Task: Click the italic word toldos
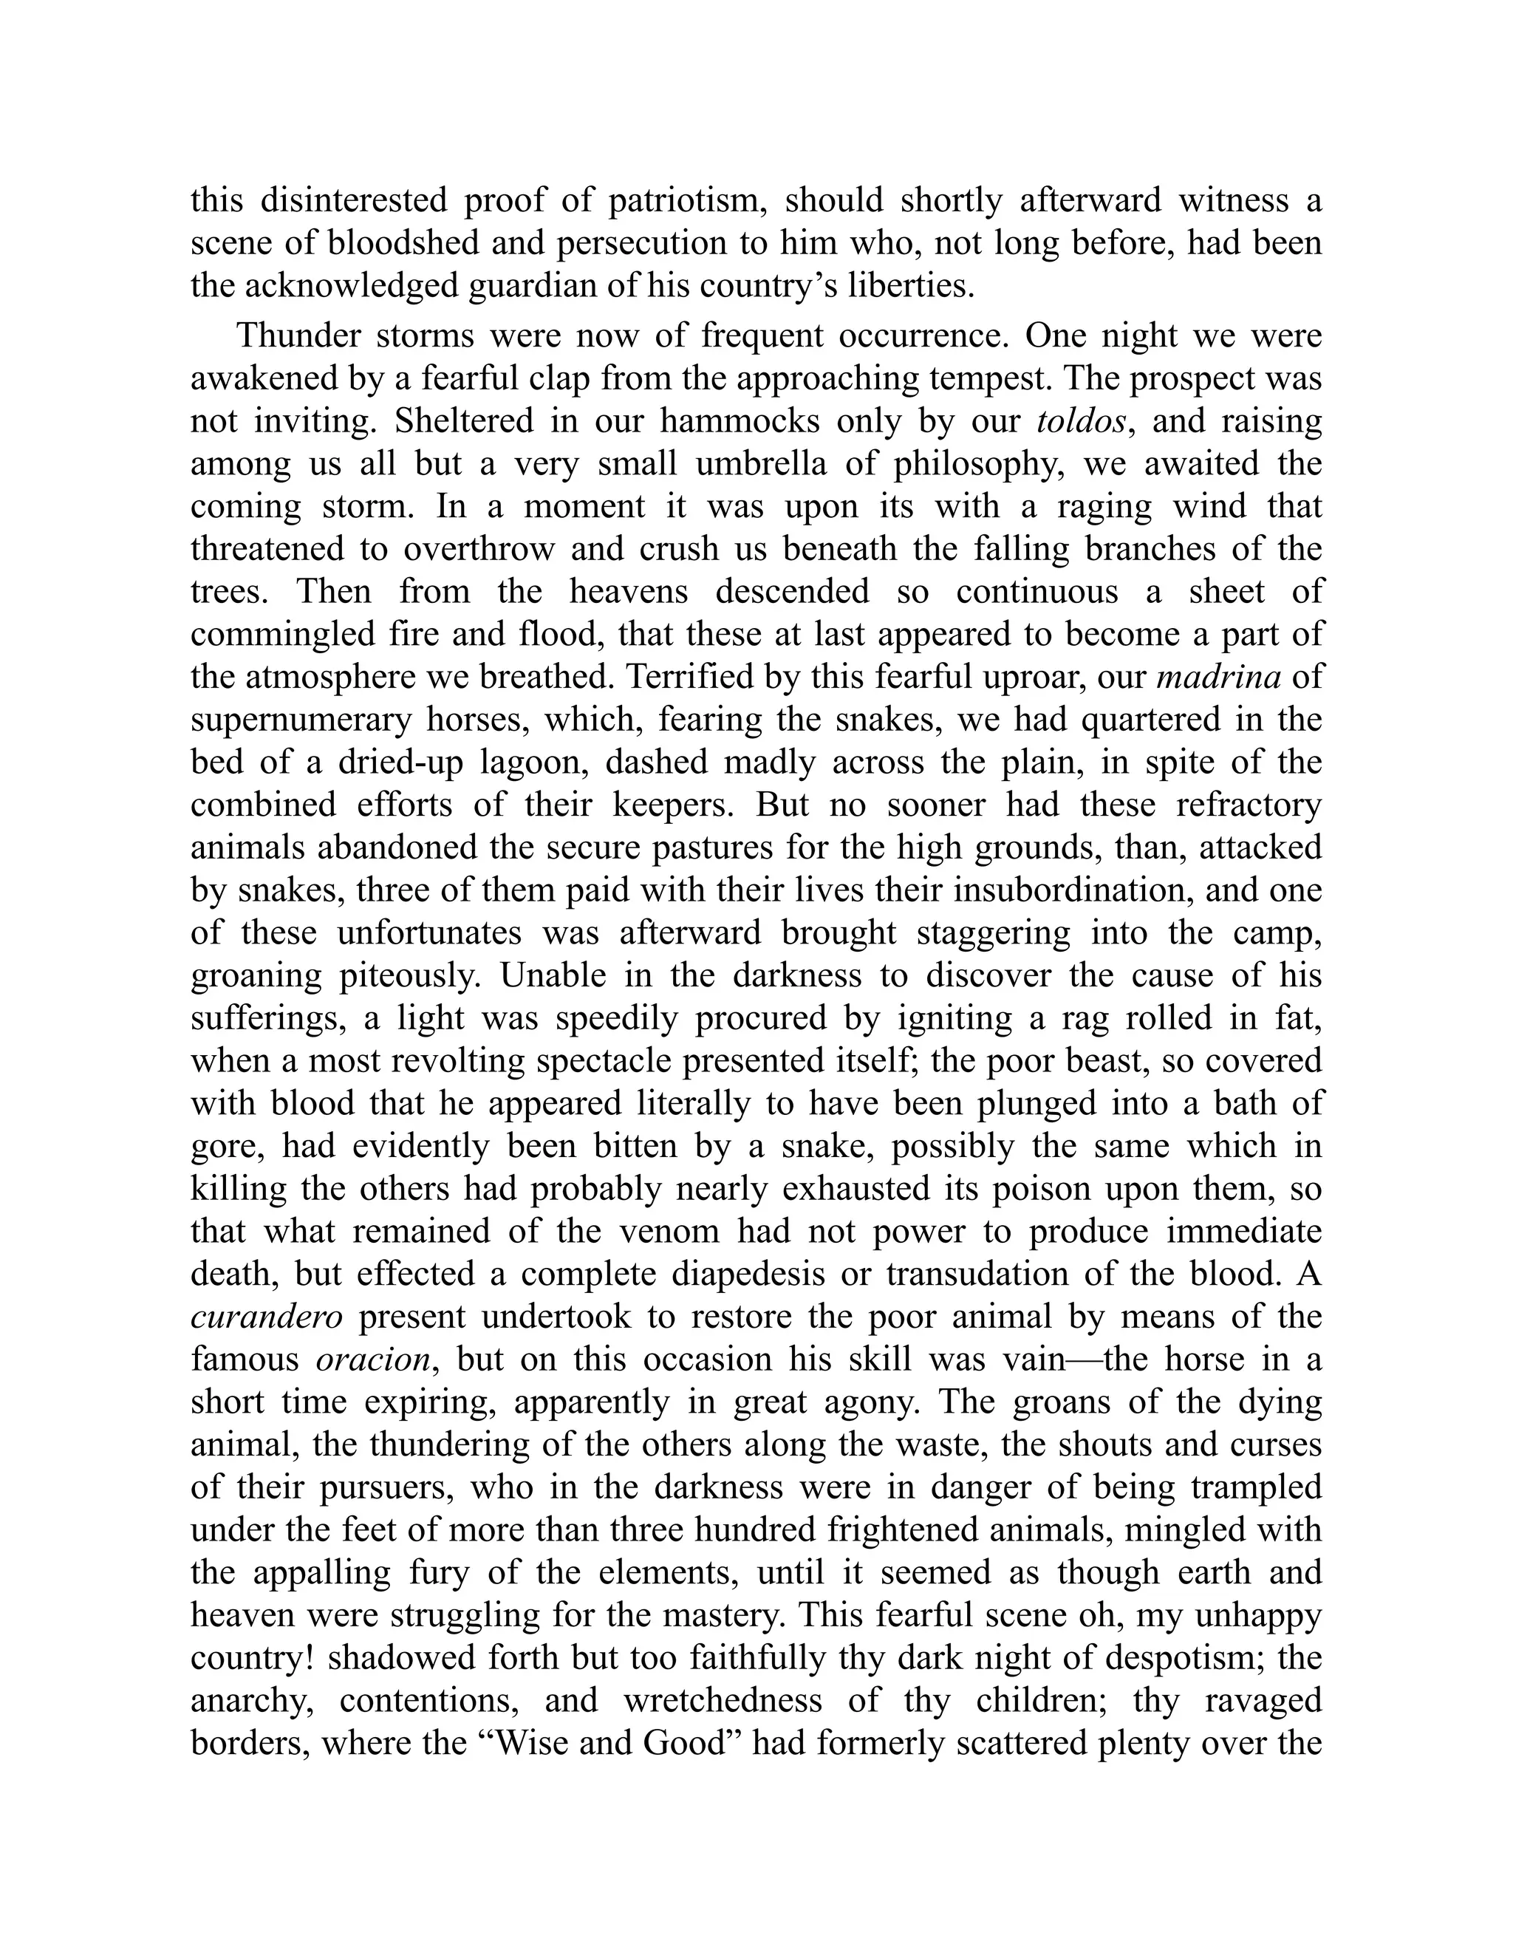click(x=1081, y=421)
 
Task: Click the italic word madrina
click(x=1218, y=677)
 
